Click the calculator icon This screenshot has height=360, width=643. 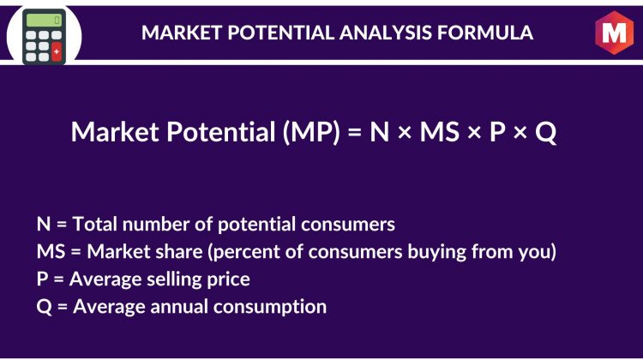coord(44,37)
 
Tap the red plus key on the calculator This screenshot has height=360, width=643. coord(57,51)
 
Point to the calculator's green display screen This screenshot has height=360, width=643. coord(44,20)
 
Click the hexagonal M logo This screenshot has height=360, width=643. coord(614,33)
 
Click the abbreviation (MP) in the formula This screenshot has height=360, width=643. coord(311,132)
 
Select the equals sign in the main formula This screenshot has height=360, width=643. coord(354,132)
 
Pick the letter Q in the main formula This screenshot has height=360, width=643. coord(546,133)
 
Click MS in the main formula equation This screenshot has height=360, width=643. coord(439,132)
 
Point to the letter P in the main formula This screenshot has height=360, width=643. coord(497,132)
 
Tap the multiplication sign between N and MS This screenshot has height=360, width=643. coord(405,133)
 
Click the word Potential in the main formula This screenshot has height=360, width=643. coord(220,132)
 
